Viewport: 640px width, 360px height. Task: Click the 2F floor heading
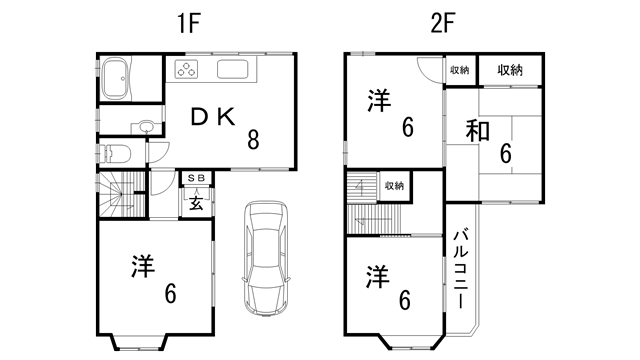click(x=443, y=23)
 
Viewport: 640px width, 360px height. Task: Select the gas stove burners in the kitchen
click(x=187, y=69)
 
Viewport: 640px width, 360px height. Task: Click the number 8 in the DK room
click(x=253, y=141)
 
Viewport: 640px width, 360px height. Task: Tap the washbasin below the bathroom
click(x=146, y=127)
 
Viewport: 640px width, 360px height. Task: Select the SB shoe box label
click(x=196, y=178)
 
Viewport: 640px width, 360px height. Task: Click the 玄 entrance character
click(x=196, y=201)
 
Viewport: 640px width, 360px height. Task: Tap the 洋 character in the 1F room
click(x=143, y=267)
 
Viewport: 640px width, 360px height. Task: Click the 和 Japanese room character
click(x=477, y=132)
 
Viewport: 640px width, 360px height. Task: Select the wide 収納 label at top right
click(x=509, y=70)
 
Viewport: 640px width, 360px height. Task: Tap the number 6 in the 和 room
click(x=506, y=154)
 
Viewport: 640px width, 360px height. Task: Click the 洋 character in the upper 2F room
click(x=378, y=101)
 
